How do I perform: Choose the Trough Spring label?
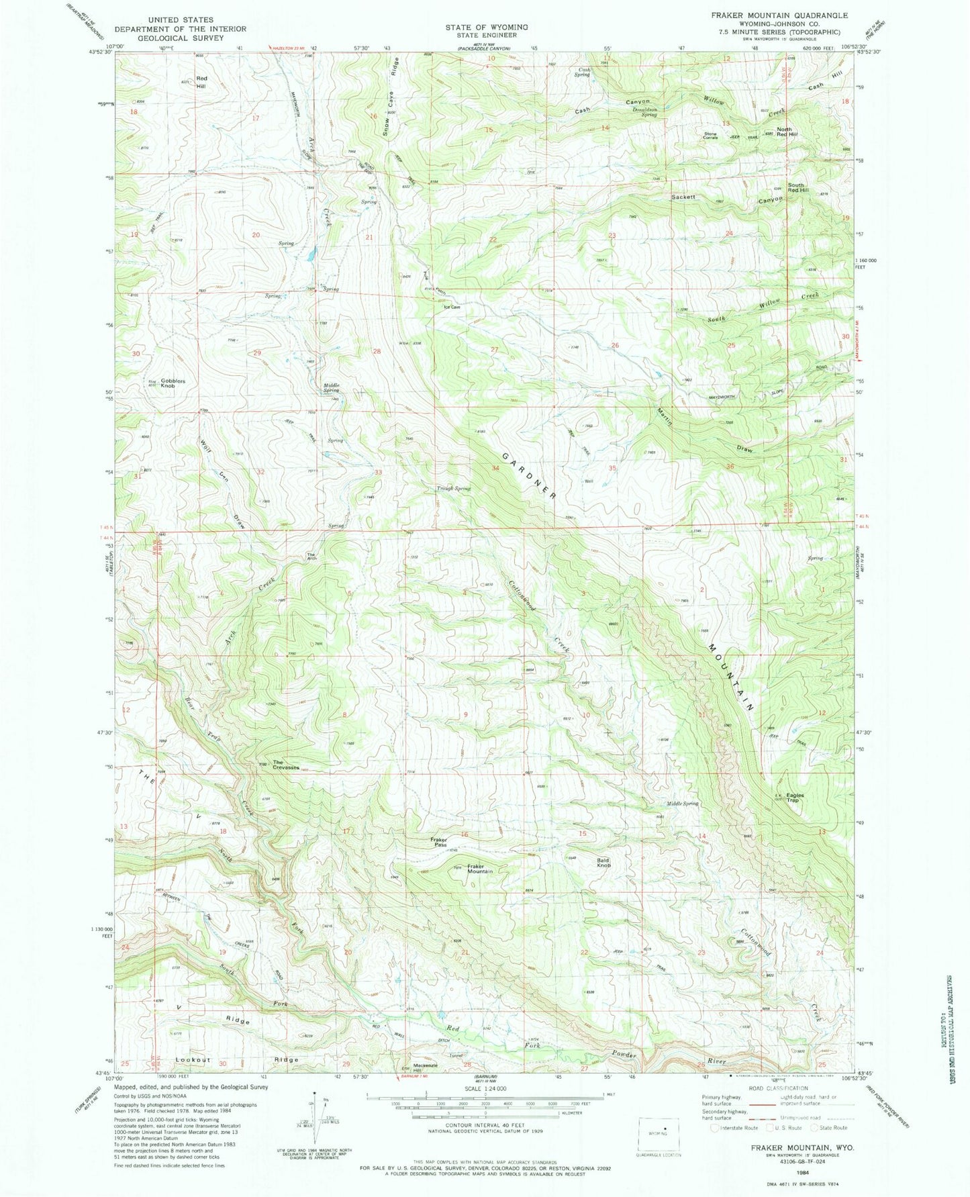coord(453,488)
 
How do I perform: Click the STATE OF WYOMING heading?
coord(486,27)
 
